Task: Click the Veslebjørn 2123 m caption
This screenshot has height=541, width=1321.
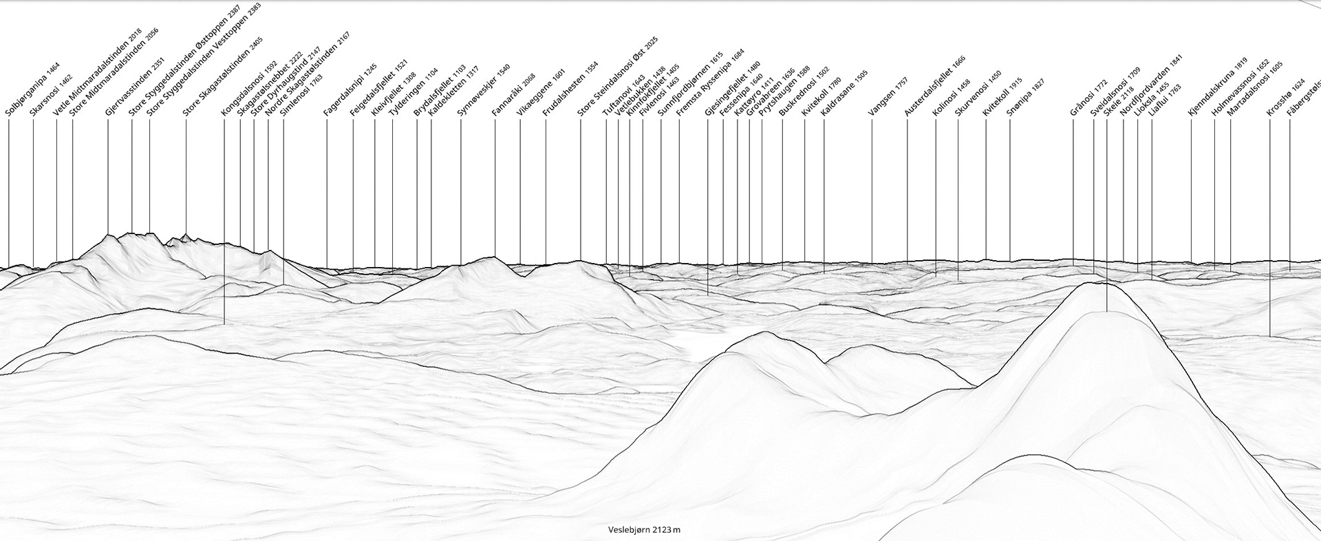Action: (x=644, y=530)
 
